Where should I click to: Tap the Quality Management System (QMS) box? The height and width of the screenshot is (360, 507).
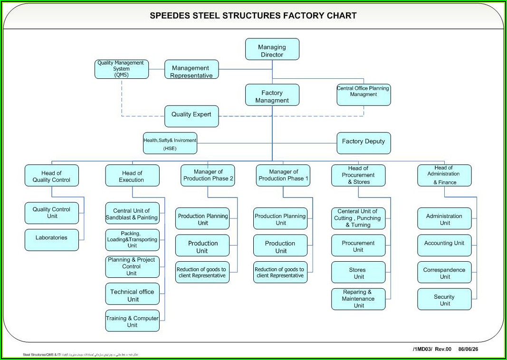[122, 69]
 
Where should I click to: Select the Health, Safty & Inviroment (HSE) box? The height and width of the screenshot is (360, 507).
[170, 143]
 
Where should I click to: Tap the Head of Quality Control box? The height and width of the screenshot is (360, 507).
[51, 176]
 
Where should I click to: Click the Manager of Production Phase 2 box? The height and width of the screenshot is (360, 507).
[208, 175]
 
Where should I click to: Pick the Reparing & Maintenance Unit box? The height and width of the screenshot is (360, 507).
[358, 299]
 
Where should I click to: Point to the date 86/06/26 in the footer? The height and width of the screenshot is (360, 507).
[469, 350]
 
